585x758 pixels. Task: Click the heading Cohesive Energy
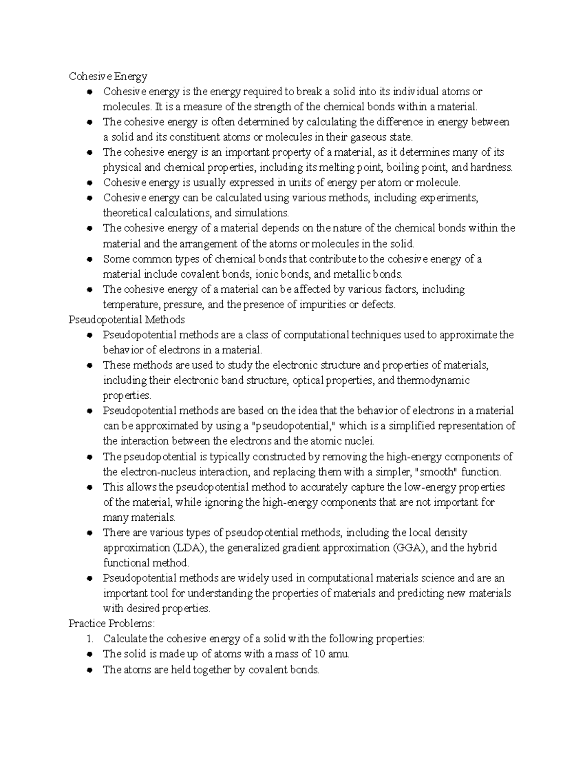(108, 76)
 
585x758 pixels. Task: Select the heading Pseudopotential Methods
(127, 319)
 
